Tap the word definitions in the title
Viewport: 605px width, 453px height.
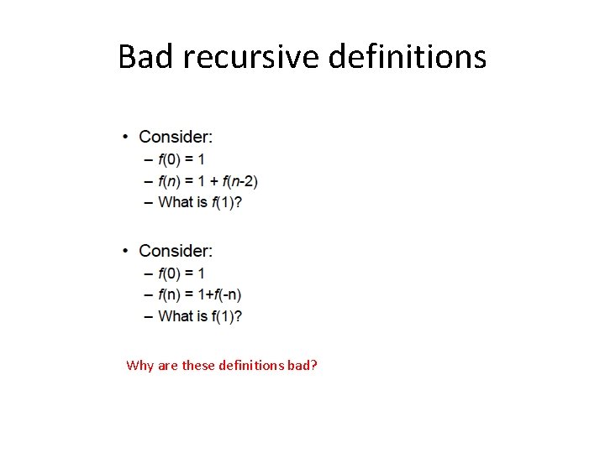tap(408, 57)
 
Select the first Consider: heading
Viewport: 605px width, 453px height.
tap(176, 137)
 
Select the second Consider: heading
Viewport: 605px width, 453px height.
tap(176, 251)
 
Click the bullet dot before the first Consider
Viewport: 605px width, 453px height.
tap(125, 137)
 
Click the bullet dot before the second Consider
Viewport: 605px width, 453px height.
tap(125, 251)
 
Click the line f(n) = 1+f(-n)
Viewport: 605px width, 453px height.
tap(199, 294)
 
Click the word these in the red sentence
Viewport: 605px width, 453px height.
tap(198, 366)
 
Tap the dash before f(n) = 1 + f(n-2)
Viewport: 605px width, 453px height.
tap(149, 180)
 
